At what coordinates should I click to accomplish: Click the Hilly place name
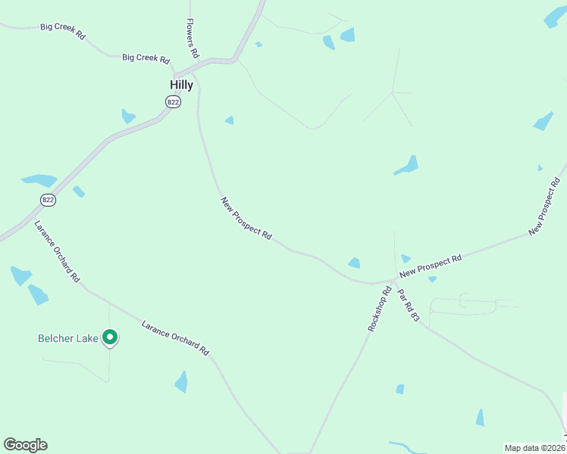(x=181, y=86)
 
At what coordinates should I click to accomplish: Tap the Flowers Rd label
(x=193, y=39)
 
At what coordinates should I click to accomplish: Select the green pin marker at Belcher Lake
(x=110, y=337)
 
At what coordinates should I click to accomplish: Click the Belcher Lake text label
(x=68, y=338)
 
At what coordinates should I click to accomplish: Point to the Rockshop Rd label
(x=379, y=309)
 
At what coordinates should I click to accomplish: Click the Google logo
(x=25, y=445)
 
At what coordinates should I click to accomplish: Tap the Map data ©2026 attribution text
(x=534, y=448)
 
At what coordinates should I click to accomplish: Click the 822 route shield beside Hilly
(x=174, y=102)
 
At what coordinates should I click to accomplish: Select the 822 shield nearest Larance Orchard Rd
(x=49, y=200)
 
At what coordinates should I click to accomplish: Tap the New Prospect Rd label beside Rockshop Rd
(x=431, y=266)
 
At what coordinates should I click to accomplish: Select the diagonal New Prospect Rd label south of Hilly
(x=246, y=219)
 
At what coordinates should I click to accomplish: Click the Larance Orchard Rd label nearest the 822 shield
(x=56, y=252)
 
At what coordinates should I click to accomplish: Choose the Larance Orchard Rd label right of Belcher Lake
(x=175, y=337)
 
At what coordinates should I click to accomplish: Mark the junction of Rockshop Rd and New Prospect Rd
(x=395, y=280)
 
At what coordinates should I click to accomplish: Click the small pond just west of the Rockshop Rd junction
(x=354, y=263)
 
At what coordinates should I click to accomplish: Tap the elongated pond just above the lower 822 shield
(x=39, y=181)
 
